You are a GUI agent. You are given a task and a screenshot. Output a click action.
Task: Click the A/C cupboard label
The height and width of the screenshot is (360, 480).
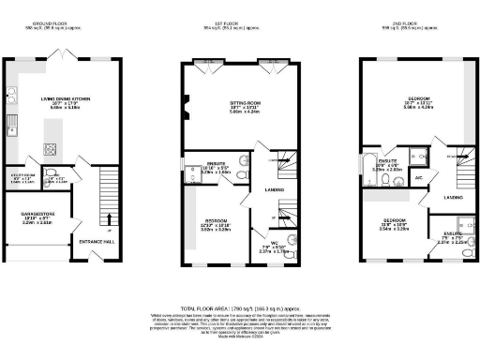419,177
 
